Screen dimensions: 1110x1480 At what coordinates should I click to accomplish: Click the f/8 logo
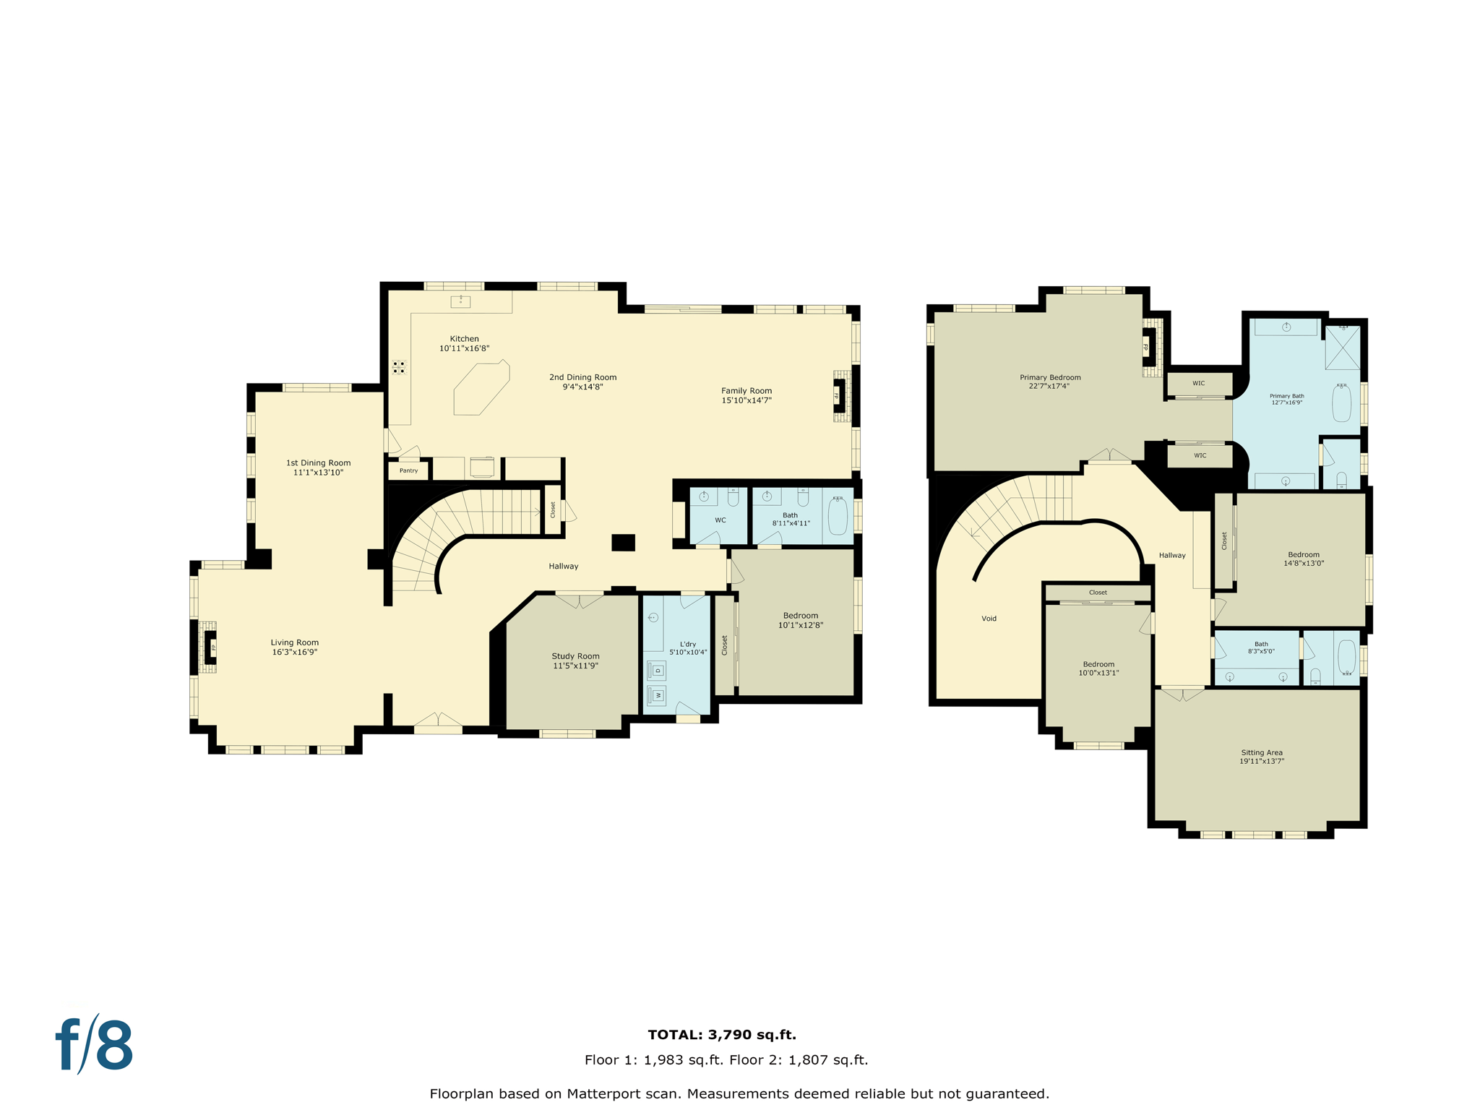[x=95, y=1045]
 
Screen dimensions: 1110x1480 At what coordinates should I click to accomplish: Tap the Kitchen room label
[x=464, y=339]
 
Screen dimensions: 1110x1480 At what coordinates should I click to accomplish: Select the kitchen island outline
[x=481, y=389]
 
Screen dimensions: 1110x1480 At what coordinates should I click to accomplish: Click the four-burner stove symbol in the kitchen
[x=399, y=367]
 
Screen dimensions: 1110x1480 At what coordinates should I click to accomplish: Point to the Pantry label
[x=408, y=470]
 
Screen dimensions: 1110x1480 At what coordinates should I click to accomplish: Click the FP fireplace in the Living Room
[x=210, y=647]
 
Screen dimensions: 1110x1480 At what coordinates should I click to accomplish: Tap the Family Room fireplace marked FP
[x=840, y=395]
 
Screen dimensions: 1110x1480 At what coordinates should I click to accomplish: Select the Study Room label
[x=575, y=656]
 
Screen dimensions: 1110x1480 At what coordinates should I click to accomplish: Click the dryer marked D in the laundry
[x=657, y=671]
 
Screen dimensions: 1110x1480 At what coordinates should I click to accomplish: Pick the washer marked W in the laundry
[x=657, y=695]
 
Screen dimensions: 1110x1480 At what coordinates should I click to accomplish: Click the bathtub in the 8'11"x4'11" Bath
[x=838, y=516]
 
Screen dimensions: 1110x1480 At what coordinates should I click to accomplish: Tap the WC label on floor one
[x=720, y=520]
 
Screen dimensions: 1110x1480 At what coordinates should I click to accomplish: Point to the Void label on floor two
[x=989, y=619]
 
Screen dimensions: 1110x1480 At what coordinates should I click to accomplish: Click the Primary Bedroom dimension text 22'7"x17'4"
[x=1049, y=387]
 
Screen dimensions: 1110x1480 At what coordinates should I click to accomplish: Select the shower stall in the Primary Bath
[x=1342, y=348]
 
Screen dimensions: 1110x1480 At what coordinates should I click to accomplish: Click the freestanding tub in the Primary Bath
[x=1341, y=403]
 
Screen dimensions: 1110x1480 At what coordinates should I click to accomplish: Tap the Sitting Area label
[x=1262, y=752]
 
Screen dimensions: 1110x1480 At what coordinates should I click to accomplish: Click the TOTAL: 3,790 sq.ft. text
[x=722, y=1035]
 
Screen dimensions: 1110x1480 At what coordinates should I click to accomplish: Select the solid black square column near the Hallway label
[x=623, y=542]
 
